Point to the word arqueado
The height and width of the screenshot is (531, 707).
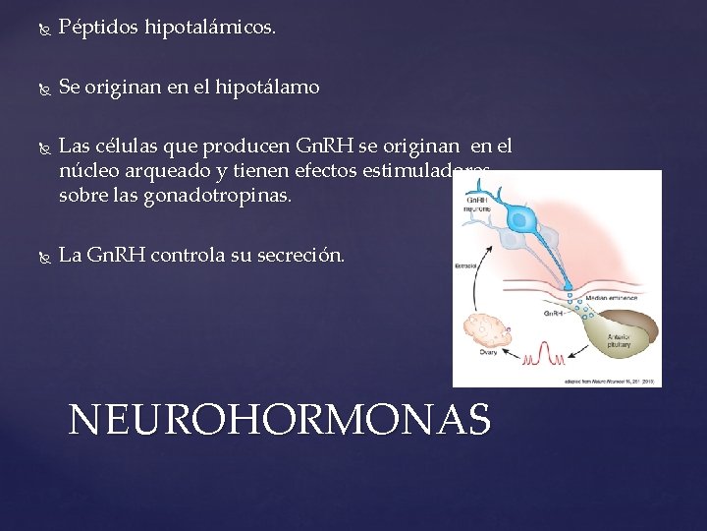pos(149,171)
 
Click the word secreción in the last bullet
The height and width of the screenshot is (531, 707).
pos(302,256)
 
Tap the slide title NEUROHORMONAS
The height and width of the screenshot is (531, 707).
pos(280,420)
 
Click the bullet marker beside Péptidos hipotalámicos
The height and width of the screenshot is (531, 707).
pos(40,29)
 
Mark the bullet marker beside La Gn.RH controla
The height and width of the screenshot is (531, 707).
pos(40,257)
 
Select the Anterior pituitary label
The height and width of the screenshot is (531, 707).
pos(619,339)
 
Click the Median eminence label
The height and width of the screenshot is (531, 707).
pos(611,296)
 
